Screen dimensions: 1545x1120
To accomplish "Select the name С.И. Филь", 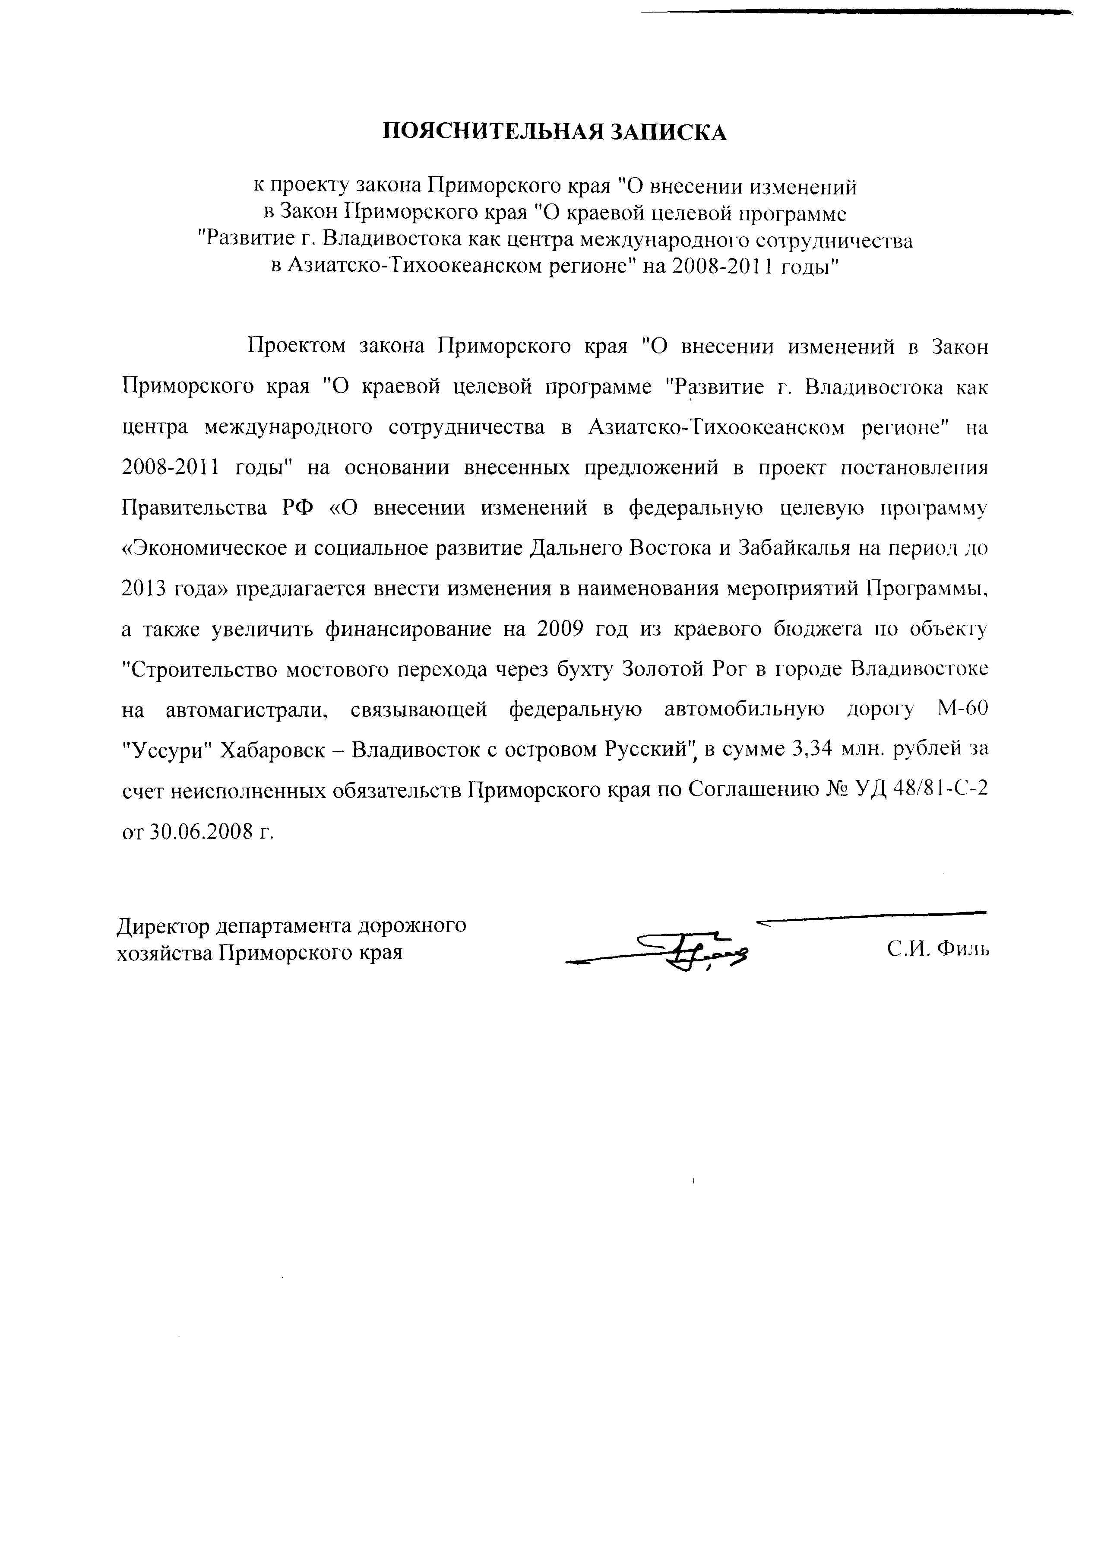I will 937,949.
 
